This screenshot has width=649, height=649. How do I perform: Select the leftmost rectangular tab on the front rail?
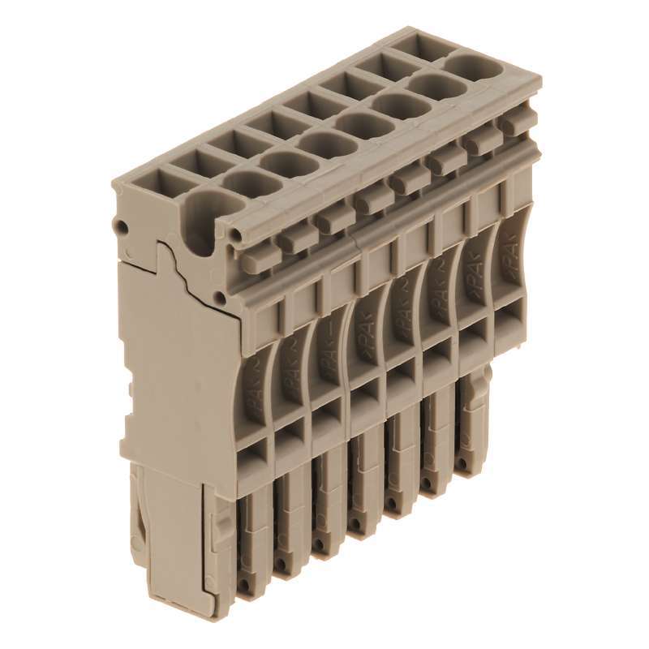(254, 259)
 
